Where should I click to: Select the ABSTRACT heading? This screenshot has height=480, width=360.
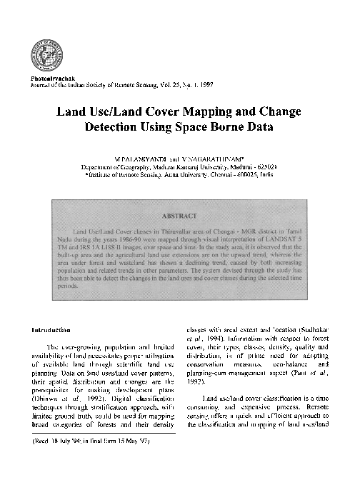180,212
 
